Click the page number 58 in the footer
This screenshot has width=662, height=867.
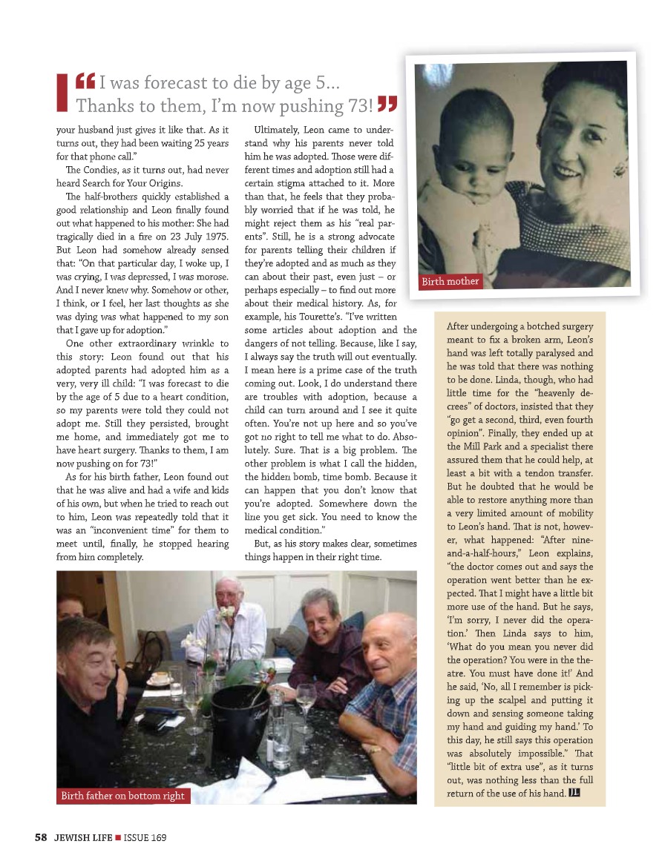coord(41,837)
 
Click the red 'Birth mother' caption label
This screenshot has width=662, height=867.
coord(450,281)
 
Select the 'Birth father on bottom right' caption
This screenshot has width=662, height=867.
coord(123,796)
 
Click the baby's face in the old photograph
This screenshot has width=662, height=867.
coord(457,131)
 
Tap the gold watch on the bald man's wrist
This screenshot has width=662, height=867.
coord(376,749)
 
